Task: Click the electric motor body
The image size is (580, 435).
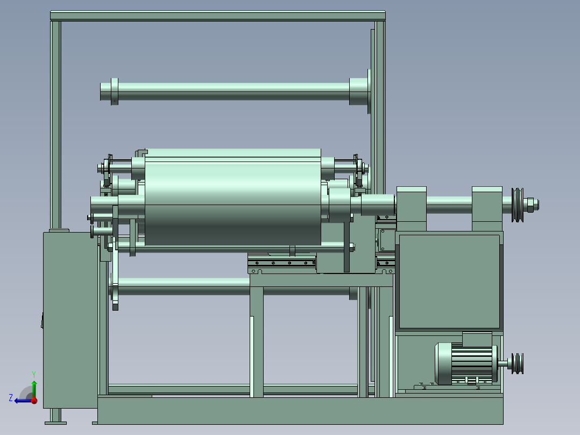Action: pos(466,363)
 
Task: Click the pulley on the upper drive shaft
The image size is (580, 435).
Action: pos(518,205)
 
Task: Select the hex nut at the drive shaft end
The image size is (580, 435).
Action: pos(529,205)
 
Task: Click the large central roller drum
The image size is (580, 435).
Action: pos(232,198)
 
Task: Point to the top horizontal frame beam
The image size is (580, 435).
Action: pos(218,16)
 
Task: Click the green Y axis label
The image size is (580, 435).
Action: pos(34,374)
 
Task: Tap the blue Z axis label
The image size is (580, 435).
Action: pos(11,398)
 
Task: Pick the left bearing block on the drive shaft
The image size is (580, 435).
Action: pos(411,208)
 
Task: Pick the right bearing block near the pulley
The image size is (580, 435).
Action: pos(487,208)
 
